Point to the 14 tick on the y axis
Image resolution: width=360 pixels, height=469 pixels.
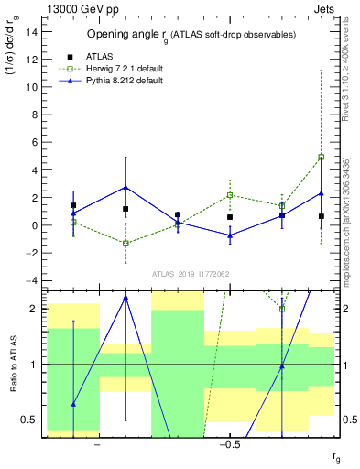pos(32,31)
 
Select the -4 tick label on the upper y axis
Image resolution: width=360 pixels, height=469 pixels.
pos(32,280)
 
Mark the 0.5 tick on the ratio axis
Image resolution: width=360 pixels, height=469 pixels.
pos(28,420)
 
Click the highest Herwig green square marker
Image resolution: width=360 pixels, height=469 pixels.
pos(321,157)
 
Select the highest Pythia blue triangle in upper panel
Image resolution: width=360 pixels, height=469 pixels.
pos(125,187)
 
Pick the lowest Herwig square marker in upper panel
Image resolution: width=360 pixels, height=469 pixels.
pos(125,244)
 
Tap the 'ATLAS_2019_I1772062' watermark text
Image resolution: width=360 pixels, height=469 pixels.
pos(191,273)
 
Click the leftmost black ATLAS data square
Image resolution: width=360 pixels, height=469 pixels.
pos(73,205)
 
